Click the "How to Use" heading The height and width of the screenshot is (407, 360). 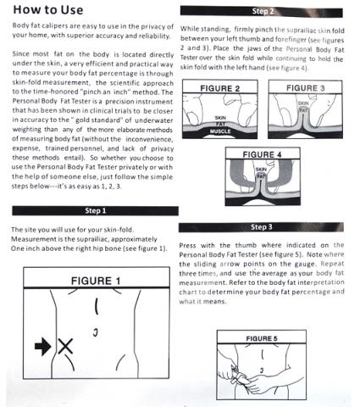click(x=48, y=10)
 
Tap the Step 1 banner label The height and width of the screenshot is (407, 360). click(x=96, y=211)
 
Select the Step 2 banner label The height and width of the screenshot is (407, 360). click(x=263, y=11)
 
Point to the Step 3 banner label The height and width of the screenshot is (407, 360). click(x=262, y=227)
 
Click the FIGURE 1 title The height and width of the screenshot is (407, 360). click(x=96, y=281)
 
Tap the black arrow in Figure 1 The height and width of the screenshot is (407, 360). click(x=43, y=346)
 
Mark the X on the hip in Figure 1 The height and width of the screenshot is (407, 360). click(x=65, y=346)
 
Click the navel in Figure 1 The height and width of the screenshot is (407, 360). click(x=96, y=332)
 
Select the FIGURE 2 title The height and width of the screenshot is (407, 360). click(x=220, y=88)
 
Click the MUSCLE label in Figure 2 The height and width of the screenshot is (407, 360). click(x=220, y=131)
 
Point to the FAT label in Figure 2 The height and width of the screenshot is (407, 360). click(x=220, y=124)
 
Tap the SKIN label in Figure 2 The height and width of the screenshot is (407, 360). click(x=220, y=118)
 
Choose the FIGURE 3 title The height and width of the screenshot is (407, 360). click(x=306, y=88)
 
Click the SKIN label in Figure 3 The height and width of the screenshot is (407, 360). click(x=303, y=103)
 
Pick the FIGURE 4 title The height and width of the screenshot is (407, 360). click(x=263, y=154)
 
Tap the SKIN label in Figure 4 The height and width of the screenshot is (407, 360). click(x=261, y=170)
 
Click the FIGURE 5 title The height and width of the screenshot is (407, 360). click(x=262, y=338)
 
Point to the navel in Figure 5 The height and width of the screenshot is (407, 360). click(x=262, y=370)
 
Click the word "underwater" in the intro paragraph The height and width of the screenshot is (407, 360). click(x=154, y=120)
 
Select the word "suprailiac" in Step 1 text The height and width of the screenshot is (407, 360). click(x=91, y=239)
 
